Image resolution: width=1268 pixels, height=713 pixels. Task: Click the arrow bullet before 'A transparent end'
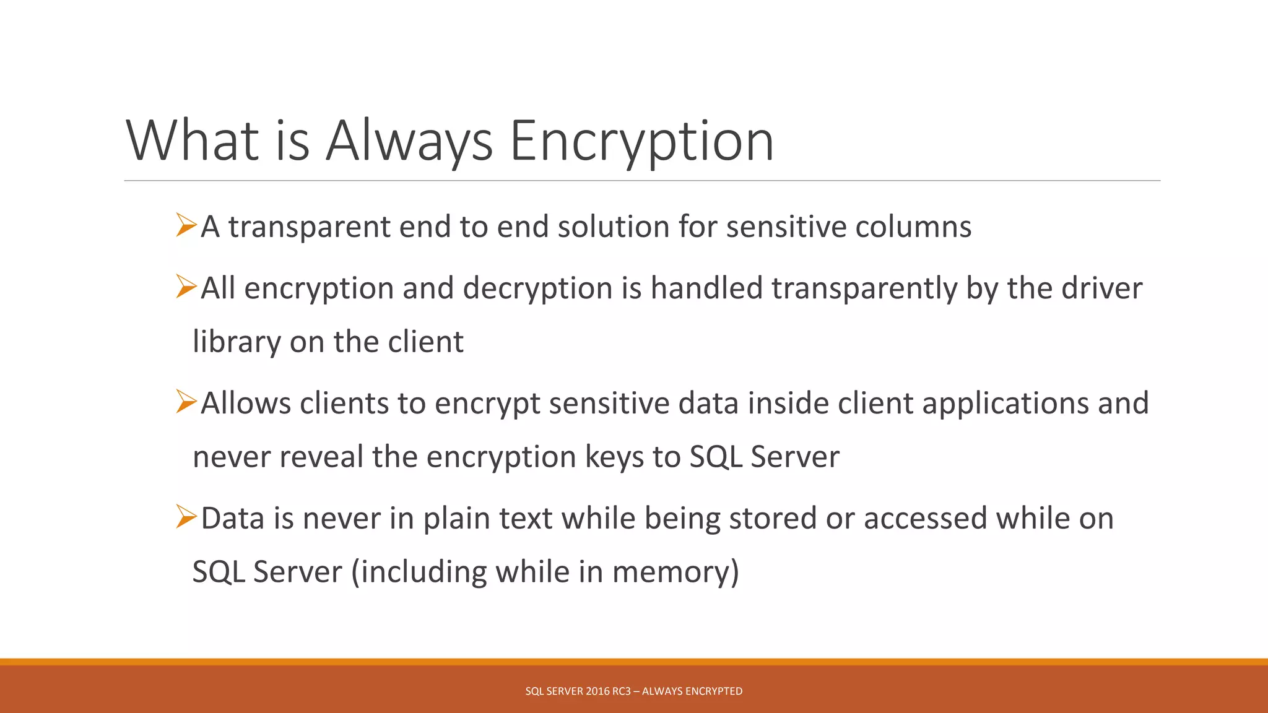click(x=186, y=225)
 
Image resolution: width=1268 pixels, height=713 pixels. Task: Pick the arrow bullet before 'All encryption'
click(x=186, y=287)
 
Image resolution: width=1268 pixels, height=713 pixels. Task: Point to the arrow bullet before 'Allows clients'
click(x=186, y=402)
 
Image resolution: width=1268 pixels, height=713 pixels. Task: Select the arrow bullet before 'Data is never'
click(x=186, y=517)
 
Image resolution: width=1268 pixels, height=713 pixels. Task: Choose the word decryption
click(x=537, y=288)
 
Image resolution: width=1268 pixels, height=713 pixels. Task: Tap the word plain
click(x=456, y=519)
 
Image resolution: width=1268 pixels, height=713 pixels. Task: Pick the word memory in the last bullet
click(x=671, y=573)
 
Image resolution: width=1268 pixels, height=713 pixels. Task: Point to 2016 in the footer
click(x=597, y=691)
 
